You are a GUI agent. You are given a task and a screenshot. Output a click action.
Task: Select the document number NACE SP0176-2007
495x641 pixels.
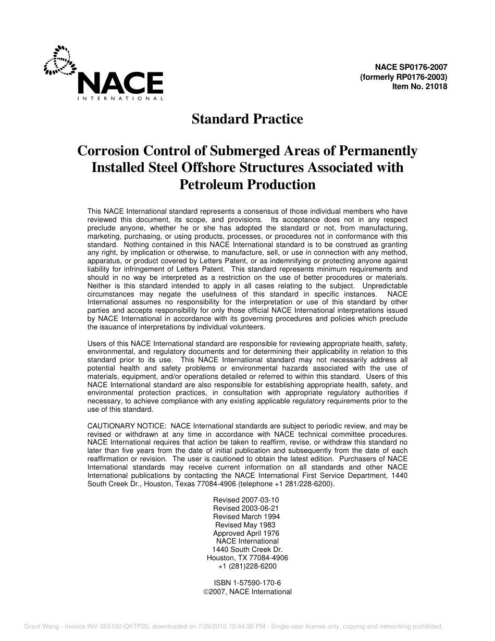(x=411, y=67)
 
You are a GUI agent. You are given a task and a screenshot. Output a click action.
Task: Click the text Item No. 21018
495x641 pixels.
(x=419, y=87)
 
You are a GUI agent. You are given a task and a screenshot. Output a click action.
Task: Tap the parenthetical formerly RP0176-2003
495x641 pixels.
(x=403, y=77)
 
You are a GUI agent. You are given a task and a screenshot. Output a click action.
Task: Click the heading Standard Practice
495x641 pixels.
(x=247, y=119)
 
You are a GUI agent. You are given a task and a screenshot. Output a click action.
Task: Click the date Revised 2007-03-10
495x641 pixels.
(x=246, y=500)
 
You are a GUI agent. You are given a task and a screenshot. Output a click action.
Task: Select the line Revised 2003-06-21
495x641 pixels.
(x=246, y=508)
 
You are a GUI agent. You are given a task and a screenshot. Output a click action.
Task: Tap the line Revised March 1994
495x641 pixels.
(x=246, y=516)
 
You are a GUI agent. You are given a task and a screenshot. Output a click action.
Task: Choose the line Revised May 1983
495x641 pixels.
(x=245, y=525)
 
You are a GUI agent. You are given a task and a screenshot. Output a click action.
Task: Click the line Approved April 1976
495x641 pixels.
(x=246, y=533)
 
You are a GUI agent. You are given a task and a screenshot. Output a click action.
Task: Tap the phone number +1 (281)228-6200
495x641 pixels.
(x=247, y=566)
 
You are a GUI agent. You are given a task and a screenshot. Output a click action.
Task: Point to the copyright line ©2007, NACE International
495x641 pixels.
(x=247, y=591)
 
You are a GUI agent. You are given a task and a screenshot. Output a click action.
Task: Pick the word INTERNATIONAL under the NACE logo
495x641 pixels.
(x=120, y=98)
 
